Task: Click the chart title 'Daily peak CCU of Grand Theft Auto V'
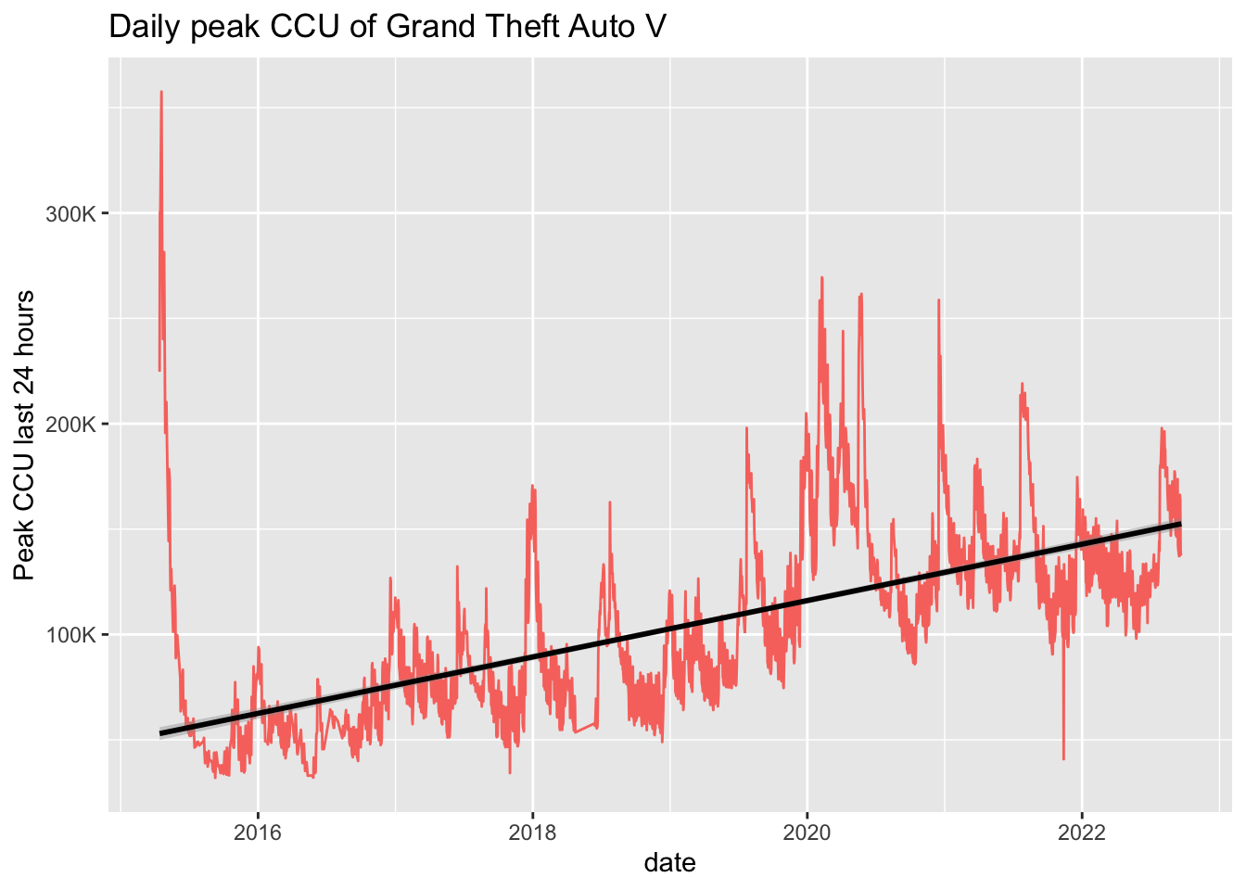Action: pyautogui.click(x=388, y=27)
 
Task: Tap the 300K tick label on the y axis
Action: pyautogui.click(x=71, y=214)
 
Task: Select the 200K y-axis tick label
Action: pyautogui.click(x=71, y=425)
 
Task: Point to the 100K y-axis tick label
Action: pyautogui.click(x=71, y=635)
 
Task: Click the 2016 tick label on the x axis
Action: pyautogui.click(x=258, y=832)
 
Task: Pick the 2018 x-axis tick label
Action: pyautogui.click(x=532, y=832)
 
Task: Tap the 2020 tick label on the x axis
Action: pyautogui.click(x=807, y=832)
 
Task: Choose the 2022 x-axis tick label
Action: pyautogui.click(x=1082, y=832)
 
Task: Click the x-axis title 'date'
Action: pyautogui.click(x=669, y=863)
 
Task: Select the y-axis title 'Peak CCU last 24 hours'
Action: pyautogui.click(x=25, y=436)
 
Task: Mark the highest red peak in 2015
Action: pyautogui.click(x=161, y=93)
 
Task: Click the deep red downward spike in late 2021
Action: pyautogui.click(x=1063, y=757)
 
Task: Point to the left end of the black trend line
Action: pyautogui.click(x=160, y=733)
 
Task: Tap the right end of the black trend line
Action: pyautogui.click(x=1180, y=524)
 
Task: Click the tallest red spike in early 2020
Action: pyautogui.click(x=821, y=278)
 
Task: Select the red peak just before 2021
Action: pyautogui.click(x=938, y=300)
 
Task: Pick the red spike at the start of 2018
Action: pyautogui.click(x=532, y=487)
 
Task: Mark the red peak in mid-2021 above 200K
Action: pyautogui.click(x=1022, y=384)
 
